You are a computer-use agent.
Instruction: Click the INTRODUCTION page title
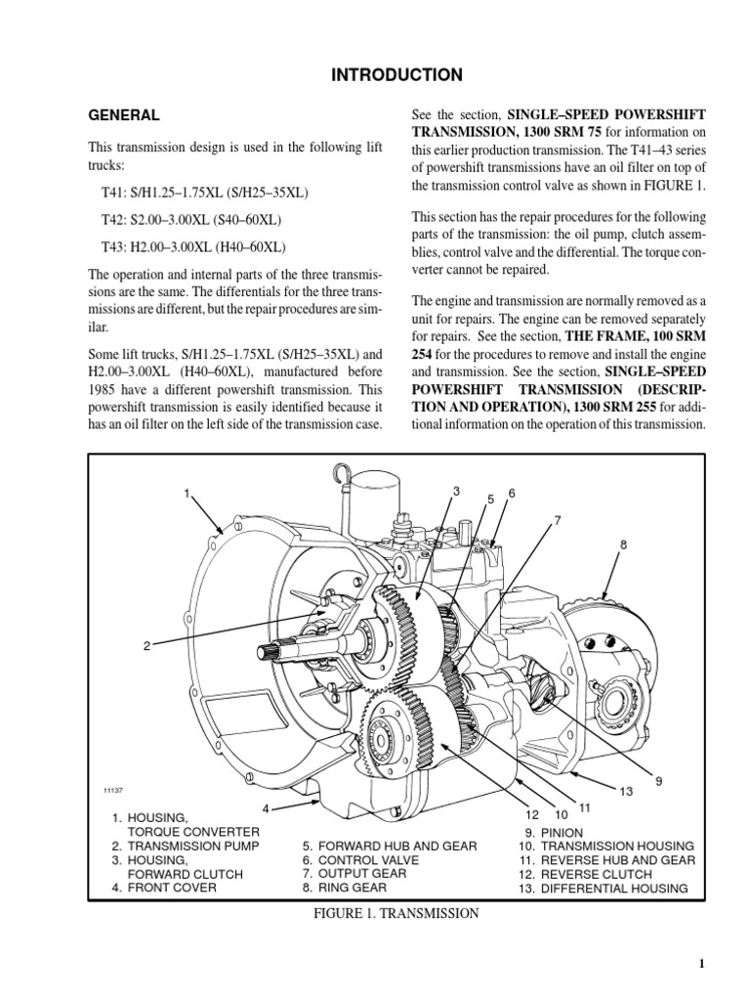coord(375,74)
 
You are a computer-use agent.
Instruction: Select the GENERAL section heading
coord(124,115)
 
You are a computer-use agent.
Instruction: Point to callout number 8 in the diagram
coord(622,544)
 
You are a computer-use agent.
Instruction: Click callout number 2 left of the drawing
coord(146,646)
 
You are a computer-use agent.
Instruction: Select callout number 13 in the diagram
coord(627,789)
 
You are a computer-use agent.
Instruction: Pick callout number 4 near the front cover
coord(265,808)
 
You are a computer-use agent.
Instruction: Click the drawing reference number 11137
coord(116,790)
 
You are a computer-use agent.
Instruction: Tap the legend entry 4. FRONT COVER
coord(163,888)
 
